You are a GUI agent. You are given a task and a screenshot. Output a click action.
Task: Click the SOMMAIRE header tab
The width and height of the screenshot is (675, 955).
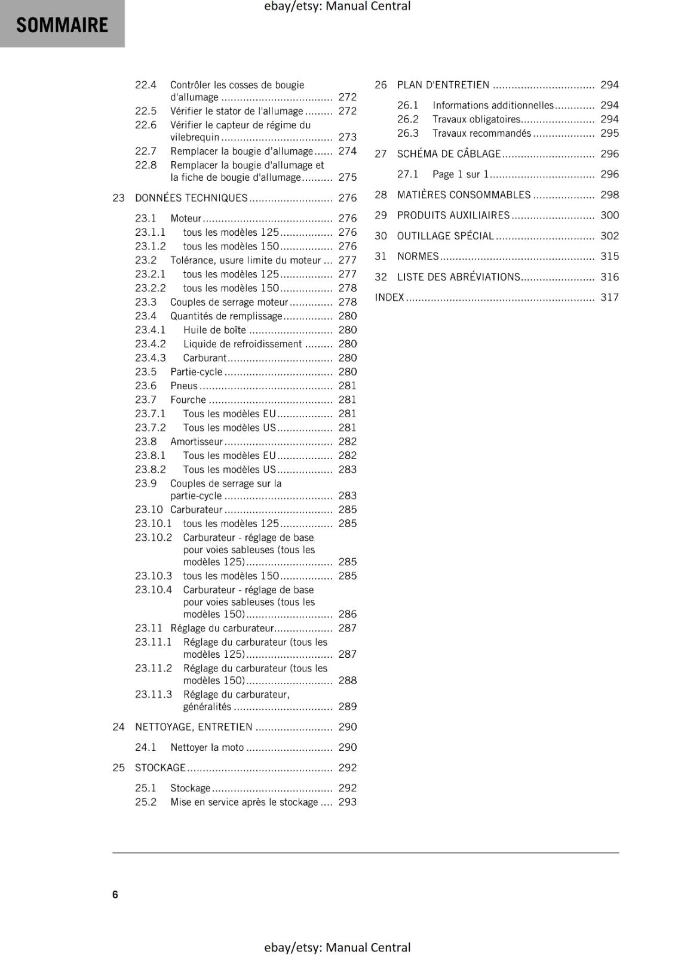tap(62, 24)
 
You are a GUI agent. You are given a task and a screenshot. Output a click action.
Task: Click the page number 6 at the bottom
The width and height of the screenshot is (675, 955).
tap(115, 894)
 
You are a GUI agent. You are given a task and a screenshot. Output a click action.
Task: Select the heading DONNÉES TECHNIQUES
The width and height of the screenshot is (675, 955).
tap(191, 198)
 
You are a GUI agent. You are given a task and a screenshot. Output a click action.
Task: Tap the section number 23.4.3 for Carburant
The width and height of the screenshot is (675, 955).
tap(151, 358)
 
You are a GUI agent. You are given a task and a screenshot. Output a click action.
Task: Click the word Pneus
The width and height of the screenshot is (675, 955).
tap(183, 386)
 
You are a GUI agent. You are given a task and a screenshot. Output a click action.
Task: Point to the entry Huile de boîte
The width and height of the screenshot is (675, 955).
tap(214, 330)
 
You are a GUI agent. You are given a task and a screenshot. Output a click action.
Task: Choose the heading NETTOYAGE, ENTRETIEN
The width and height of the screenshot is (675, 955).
tap(194, 726)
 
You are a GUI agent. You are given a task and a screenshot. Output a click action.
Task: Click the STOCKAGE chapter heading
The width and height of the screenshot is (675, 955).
tap(160, 768)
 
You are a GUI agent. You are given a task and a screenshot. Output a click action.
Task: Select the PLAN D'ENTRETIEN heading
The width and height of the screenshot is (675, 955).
tap(443, 85)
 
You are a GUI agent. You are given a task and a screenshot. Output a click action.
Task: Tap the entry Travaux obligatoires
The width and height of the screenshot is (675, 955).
tap(477, 119)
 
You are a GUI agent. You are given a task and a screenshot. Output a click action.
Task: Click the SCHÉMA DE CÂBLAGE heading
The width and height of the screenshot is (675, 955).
tap(449, 153)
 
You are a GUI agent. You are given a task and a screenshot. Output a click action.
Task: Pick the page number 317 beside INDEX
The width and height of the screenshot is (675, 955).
tap(609, 297)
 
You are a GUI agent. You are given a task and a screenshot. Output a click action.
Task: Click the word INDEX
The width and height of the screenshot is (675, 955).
tap(389, 297)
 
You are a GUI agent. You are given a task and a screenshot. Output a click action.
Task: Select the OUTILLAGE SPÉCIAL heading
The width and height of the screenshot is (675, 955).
tap(446, 236)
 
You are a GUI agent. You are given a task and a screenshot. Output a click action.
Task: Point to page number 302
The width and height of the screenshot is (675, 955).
tap(609, 236)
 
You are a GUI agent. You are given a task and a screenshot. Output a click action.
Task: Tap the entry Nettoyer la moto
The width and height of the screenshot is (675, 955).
tap(207, 747)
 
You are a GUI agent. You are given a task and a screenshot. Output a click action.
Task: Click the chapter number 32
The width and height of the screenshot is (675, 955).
tap(381, 277)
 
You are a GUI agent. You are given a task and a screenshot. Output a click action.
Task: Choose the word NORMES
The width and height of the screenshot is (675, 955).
tap(418, 256)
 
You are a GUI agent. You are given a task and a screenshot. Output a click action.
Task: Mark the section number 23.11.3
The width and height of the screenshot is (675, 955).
tap(154, 694)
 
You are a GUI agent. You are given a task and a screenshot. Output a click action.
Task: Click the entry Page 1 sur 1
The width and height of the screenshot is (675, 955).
tap(461, 174)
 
